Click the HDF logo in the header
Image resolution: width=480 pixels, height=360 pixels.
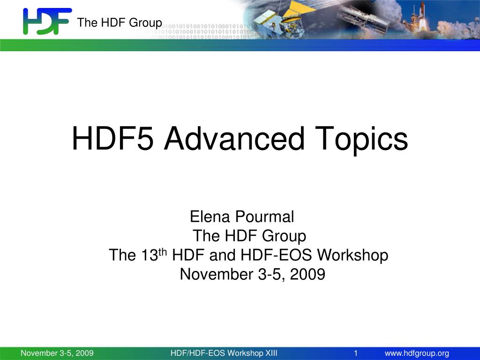pyautogui.click(x=47, y=21)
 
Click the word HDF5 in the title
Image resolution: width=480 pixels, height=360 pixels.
pyautogui.click(x=112, y=139)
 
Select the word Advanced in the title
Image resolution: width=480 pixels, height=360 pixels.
pyautogui.click(x=234, y=139)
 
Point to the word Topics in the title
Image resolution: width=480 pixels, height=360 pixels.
pyautogui.click(x=361, y=139)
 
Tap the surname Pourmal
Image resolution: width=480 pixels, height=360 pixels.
pyautogui.click(x=264, y=217)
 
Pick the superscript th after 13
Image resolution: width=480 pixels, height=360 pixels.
pyautogui.click(x=163, y=252)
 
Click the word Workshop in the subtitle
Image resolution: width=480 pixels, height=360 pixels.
pyautogui.click(x=352, y=255)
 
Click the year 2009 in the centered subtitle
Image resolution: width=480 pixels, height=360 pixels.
pyautogui.click(x=307, y=274)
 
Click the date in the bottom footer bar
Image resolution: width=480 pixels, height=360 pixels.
pyautogui.click(x=57, y=353)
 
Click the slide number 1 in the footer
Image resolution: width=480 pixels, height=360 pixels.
pyautogui.click(x=356, y=353)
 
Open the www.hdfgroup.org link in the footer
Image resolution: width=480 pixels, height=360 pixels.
pyautogui.click(x=417, y=353)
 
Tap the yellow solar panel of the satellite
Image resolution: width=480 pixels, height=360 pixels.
pyautogui.click(x=299, y=9)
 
